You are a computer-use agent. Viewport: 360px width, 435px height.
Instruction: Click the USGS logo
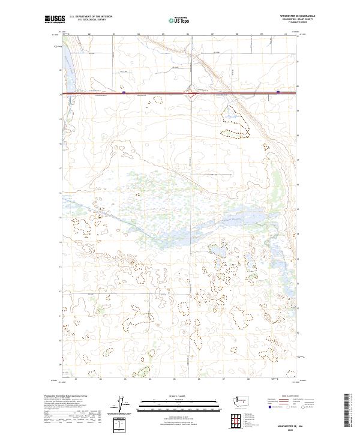click(56, 20)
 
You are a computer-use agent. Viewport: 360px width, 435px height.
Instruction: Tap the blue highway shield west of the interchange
click(124, 92)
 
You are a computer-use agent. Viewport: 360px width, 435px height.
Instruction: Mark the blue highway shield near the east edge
click(278, 92)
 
